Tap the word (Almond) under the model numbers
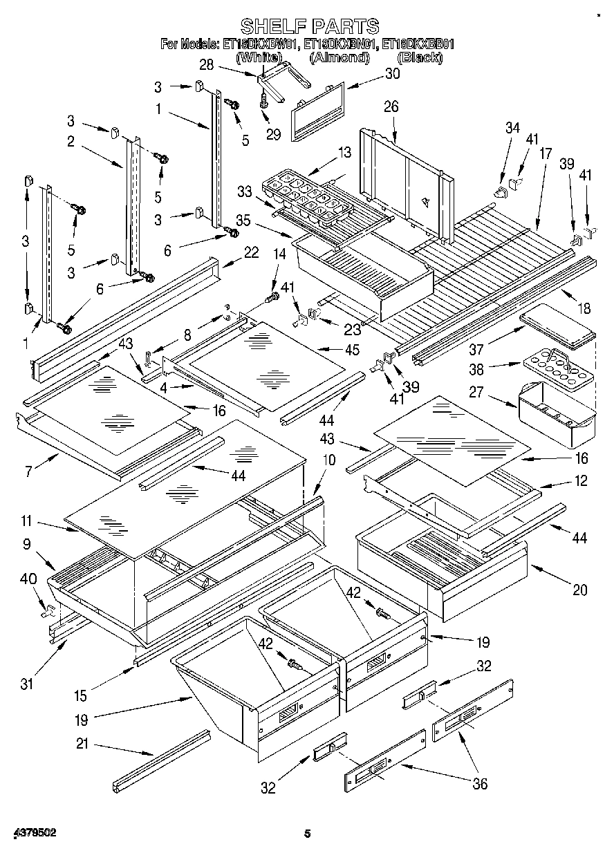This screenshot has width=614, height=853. click(x=339, y=57)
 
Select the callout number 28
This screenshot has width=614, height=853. click(x=207, y=66)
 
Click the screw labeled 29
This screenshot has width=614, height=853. click(x=263, y=102)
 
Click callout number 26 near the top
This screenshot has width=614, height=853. click(x=391, y=106)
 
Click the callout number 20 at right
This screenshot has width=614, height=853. click(x=579, y=590)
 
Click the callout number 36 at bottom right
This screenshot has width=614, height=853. click(x=478, y=783)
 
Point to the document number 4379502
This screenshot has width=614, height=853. click(x=34, y=833)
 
